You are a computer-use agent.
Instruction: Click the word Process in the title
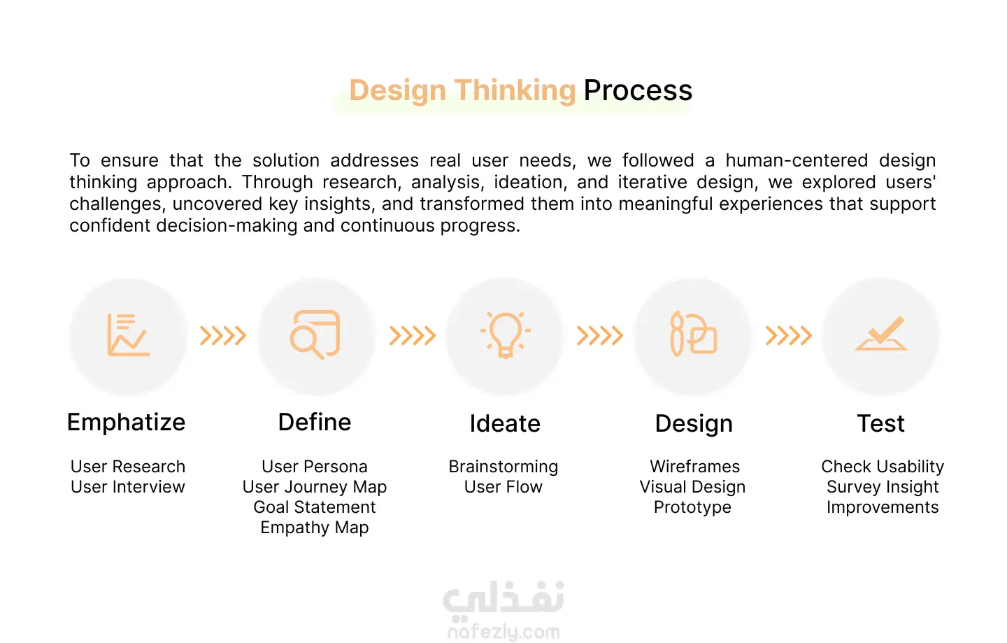coord(638,90)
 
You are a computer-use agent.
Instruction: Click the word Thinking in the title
coord(515,91)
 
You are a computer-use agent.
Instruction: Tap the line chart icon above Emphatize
coord(128,334)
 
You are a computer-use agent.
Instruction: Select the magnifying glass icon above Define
coord(315,334)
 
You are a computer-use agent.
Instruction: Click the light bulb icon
coord(506,334)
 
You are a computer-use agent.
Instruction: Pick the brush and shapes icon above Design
coord(693,334)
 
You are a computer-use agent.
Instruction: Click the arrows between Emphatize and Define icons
coord(223,335)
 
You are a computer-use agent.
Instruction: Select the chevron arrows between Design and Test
coord(789,335)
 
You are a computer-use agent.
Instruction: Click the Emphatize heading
coord(127,423)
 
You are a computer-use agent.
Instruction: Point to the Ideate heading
coord(505,423)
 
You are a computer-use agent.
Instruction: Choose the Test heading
coord(880,423)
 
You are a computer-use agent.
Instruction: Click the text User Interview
coord(128,487)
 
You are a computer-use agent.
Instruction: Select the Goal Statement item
coord(314,507)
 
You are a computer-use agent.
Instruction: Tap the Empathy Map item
coord(314,528)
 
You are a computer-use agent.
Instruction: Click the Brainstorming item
coord(503,467)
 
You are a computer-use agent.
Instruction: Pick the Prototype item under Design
coord(692,508)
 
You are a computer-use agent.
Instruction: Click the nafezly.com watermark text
coord(503,633)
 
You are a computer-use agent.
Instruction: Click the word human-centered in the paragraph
coord(797,160)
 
